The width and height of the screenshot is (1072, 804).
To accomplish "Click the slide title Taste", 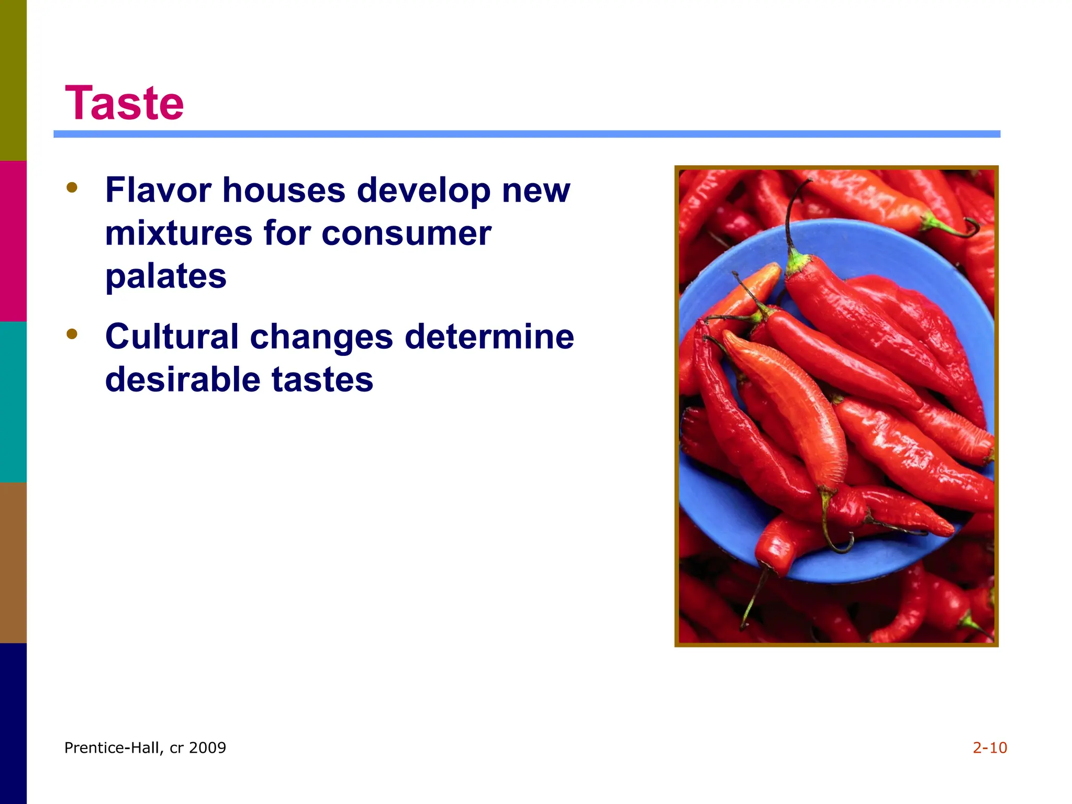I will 124,103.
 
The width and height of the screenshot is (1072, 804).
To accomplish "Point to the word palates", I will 165,276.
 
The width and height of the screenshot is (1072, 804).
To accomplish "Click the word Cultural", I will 172,336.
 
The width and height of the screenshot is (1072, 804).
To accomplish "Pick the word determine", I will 489,336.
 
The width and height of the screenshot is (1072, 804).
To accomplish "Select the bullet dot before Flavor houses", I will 72,187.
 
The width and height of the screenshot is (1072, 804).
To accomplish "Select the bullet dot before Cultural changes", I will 72,333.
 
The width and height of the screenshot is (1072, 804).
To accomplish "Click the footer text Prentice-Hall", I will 112,747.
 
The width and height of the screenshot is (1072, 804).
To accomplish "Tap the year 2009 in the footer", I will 207,747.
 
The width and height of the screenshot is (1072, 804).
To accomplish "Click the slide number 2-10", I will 989,747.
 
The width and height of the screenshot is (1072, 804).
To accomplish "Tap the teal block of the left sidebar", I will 13,401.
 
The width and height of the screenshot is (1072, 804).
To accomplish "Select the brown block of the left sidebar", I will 13,562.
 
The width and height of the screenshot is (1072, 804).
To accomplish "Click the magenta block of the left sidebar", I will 13,241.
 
